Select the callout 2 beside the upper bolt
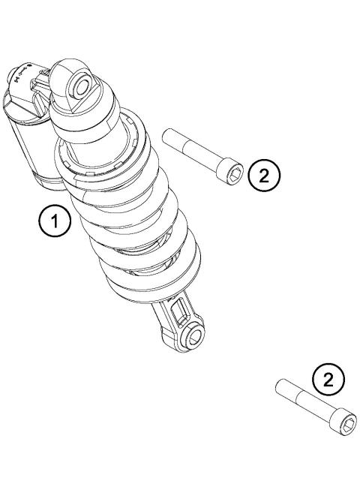tap(264, 173)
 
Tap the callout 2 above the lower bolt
tap(328, 381)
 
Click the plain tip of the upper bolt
tap(167, 135)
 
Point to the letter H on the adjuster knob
tap(16, 75)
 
